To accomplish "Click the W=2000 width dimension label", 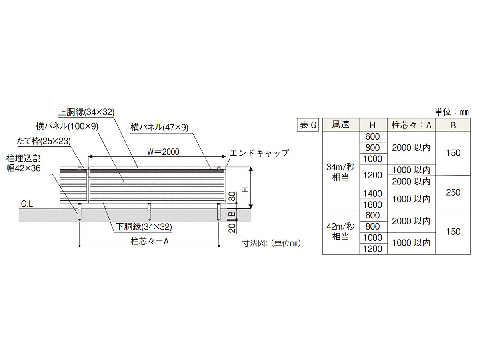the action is tap(163, 152).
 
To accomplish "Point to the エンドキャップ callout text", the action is tap(259, 153).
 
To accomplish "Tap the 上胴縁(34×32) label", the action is tap(86, 112).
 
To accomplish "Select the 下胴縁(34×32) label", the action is tap(144, 227).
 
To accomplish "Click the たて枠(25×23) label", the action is tap(44, 141).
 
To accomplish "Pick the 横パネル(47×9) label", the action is tap(160, 128).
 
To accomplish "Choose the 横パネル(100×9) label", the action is tap(67, 126).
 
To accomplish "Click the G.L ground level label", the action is tap(27, 204).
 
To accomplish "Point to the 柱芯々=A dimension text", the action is tap(150, 241).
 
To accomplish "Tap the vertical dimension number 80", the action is tap(233, 196).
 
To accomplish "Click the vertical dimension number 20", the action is tap(233, 228).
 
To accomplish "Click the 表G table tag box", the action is tap(308, 125).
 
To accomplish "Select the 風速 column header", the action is tap(341, 124).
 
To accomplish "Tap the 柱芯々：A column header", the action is tap(411, 125).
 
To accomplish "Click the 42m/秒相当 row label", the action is tap(341, 232).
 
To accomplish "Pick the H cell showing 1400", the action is tap(373, 194).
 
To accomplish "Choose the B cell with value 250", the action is tap(453, 192).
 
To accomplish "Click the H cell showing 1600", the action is tap(373, 205).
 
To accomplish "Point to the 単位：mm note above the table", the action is tap(451, 112).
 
